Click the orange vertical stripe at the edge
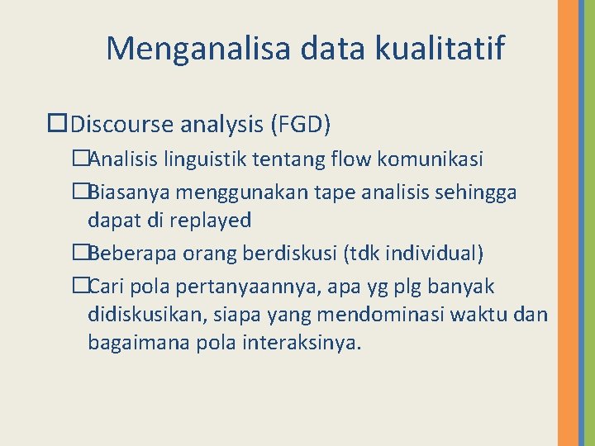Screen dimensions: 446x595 tap(568, 223)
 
